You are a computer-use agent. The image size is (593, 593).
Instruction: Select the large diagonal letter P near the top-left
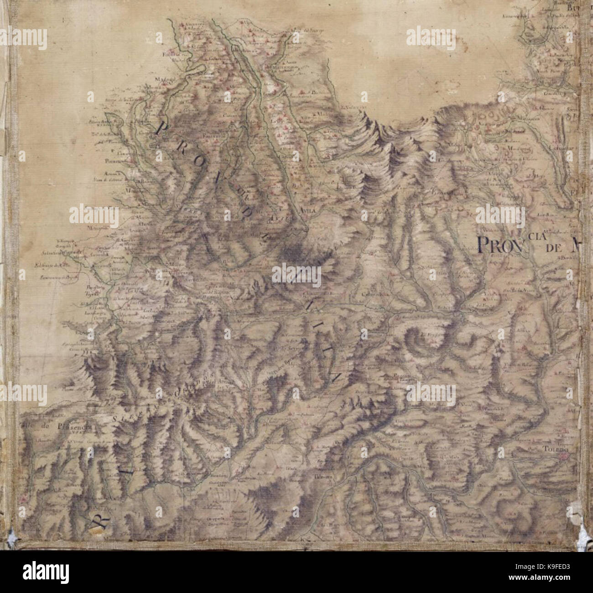[161, 130]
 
